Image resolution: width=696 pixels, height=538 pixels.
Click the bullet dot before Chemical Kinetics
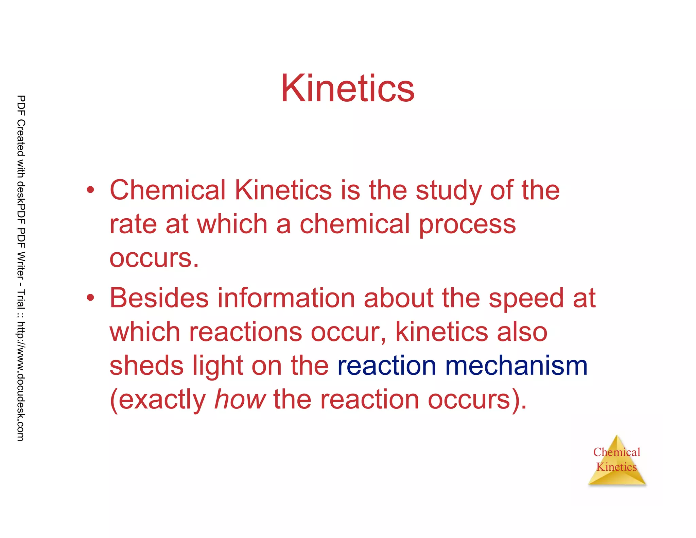tap(90, 190)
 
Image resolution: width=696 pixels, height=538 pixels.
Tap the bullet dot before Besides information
tap(90, 298)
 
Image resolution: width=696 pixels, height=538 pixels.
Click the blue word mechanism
tap(516, 366)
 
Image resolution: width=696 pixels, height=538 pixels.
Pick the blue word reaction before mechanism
tap(387, 366)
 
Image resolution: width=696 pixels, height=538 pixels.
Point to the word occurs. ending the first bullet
tap(154, 258)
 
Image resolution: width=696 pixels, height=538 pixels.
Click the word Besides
tap(159, 298)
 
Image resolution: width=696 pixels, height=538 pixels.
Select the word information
tap(286, 298)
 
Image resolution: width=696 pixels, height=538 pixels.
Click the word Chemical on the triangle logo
tap(616, 452)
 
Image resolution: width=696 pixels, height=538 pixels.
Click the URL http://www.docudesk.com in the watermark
tap(21, 381)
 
